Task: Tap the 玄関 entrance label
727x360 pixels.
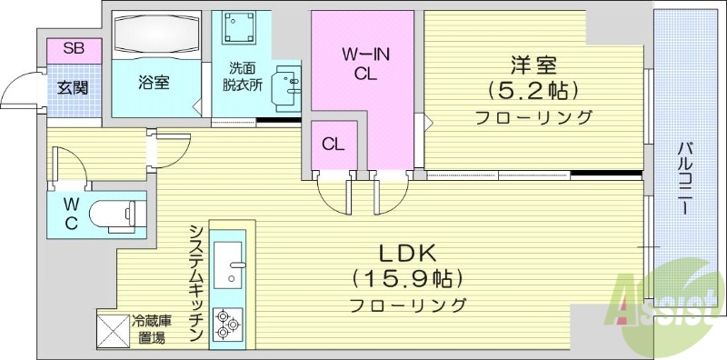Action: point(73,88)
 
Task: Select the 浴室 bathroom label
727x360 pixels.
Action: point(154,82)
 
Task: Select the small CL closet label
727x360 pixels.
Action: point(333,144)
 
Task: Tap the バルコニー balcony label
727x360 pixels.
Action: point(686,178)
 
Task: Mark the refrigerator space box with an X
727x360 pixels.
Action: point(113,329)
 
